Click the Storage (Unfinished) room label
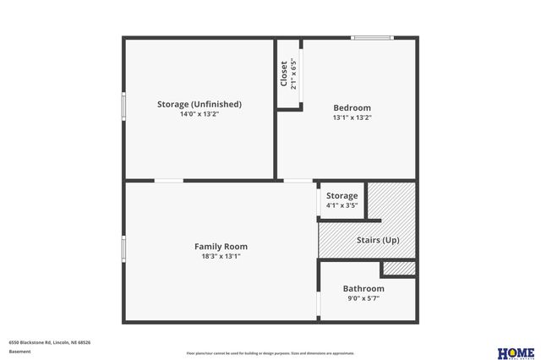pyautogui.click(x=199, y=104)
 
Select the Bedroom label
pyautogui.click(x=352, y=107)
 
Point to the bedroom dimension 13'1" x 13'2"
pyautogui.click(x=352, y=117)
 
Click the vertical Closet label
pyautogui.click(x=284, y=74)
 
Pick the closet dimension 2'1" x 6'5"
pyautogui.click(x=293, y=74)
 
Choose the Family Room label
pyautogui.click(x=221, y=246)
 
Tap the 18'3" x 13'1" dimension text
pyautogui.click(x=221, y=256)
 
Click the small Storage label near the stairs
pyautogui.click(x=342, y=195)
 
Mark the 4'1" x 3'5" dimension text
pyautogui.click(x=342, y=205)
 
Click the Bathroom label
pyautogui.click(x=363, y=288)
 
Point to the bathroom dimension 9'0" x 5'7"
pyautogui.click(x=363, y=298)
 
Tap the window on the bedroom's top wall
pyautogui.click(x=372, y=37)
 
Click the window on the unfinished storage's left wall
pyautogui.click(x=123, y=106)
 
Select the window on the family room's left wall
pyautogui.click(x=123, y=248)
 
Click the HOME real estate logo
pyautogui.click(x=515, y=352)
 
